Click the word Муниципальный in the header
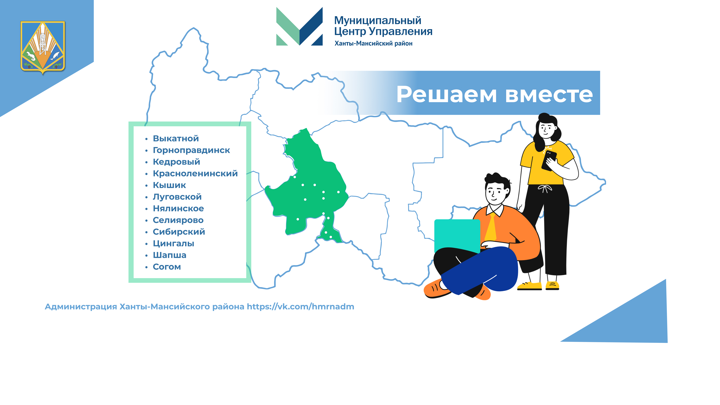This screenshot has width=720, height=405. (x=378, y=20)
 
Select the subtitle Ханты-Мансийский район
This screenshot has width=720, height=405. (x=373, y=43)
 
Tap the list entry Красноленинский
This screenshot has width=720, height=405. (x=195, y=174)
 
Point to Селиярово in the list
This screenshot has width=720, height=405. (x=178, y=220)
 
